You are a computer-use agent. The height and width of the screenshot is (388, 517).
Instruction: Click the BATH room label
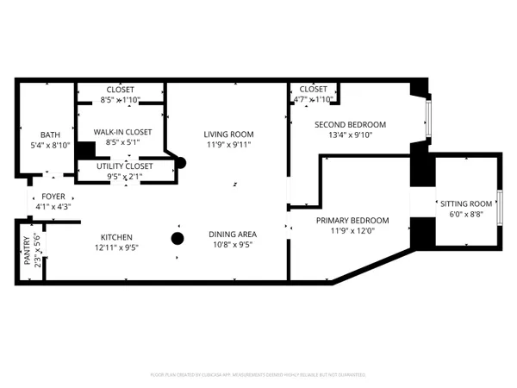50,135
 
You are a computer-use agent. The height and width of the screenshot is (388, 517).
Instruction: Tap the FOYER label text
53,197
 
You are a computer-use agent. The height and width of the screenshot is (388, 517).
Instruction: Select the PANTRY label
27,251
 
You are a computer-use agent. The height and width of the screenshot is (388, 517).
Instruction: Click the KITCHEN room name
115,236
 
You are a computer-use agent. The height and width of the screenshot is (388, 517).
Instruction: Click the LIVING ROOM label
228,134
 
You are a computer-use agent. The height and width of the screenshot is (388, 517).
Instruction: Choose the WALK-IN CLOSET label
122,132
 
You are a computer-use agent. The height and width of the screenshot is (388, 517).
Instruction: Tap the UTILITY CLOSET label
124,166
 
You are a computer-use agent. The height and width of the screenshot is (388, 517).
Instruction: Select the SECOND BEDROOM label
350,124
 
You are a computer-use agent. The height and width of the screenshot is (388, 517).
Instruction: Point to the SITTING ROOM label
466,203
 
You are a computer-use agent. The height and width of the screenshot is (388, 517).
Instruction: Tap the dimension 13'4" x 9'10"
350,135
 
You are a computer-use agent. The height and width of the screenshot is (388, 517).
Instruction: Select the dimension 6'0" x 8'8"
466,215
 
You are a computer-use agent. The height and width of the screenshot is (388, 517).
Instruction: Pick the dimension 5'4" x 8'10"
50,146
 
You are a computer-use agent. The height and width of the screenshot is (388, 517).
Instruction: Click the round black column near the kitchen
178,239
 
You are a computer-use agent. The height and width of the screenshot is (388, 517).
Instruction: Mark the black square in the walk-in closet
84,149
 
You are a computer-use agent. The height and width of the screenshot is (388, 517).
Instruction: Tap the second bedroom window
429,119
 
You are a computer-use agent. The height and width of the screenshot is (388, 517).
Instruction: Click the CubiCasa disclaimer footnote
258,375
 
